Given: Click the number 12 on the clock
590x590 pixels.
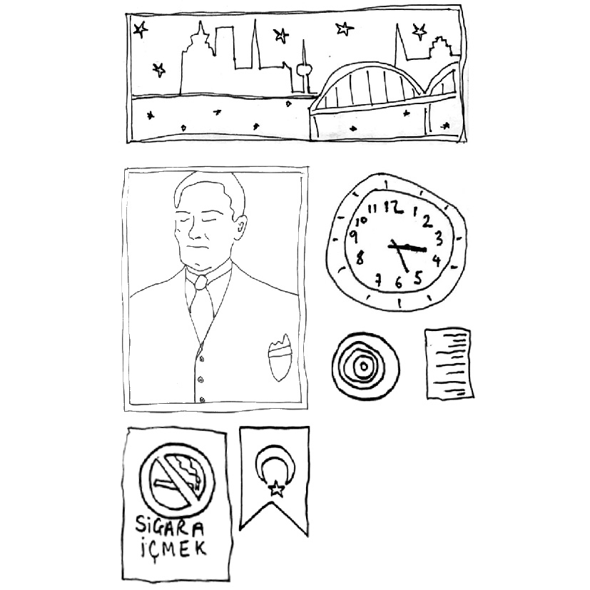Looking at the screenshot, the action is [392, 207].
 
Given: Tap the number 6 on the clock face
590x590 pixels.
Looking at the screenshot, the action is [399, 282].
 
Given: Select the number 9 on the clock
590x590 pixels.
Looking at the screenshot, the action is [354, 237].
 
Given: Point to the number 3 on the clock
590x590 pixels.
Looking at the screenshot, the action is [439, 238].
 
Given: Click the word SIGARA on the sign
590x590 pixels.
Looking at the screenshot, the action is [170, 526].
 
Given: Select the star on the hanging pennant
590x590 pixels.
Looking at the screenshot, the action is [277, 489].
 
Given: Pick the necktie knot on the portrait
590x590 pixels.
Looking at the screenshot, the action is [201, 282].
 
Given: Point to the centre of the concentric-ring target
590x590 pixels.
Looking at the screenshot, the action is [364, 366].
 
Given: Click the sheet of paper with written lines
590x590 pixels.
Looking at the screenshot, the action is [449, 363].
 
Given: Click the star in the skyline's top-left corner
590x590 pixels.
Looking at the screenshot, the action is [141, 29].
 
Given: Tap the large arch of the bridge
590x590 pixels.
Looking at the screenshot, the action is [372, 68].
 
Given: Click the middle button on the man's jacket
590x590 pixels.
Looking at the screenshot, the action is [200, 380].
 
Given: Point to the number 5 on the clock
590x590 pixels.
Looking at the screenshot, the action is [418, 278].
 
